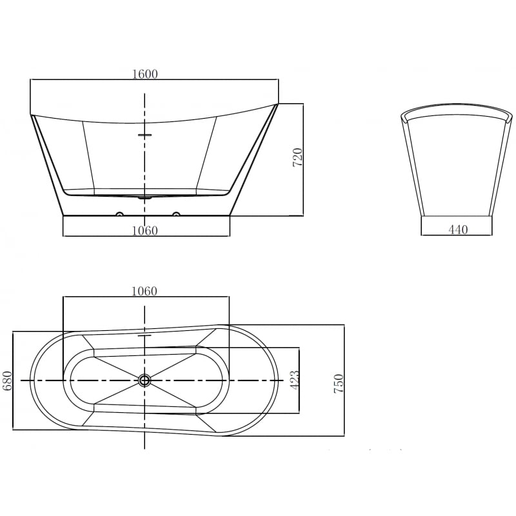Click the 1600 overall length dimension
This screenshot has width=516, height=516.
click(x=144, y=74)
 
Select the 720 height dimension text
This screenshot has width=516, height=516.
click(x=297, y=158)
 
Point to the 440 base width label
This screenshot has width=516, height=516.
click(x=457, y=230)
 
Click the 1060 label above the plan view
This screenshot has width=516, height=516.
click(x=144, y=292)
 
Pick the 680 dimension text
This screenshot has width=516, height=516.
click(x=8, y=381)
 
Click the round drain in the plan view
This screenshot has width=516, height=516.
click(x=144, y=381)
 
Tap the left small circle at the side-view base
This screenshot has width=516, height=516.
click(x=119, y=213)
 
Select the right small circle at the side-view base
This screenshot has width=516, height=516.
click(x=175, y=213)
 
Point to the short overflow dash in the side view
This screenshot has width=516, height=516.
click(x=144, y=135)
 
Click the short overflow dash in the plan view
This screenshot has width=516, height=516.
click(x=144, y=335)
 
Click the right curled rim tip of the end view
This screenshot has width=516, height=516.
click(x=510, y=117)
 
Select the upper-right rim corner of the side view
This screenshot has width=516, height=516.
click(x=278, y=103)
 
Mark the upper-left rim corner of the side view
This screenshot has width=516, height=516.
click(x=32, y=115)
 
